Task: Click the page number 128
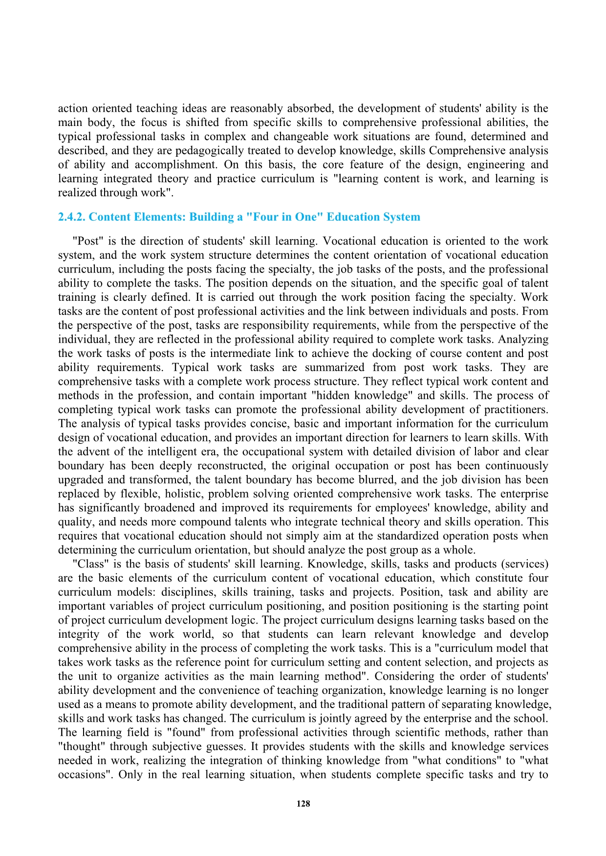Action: [x=303, y=804]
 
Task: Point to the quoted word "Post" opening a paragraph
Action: [x=86, y=241]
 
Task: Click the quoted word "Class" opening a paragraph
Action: [x=88, y=564]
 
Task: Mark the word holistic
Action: [x=186, y=494]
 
